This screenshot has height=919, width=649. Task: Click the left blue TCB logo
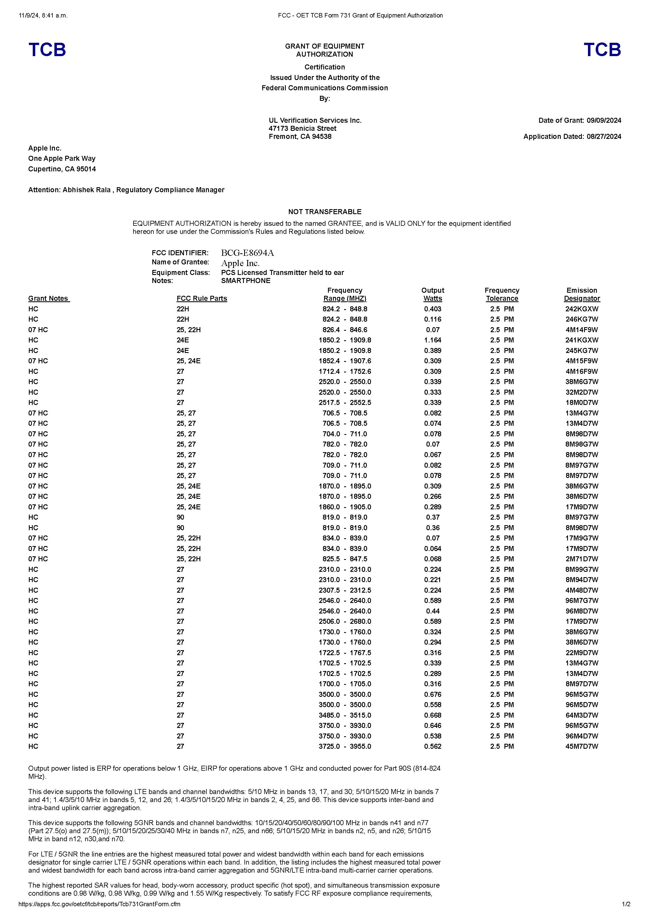click(47, 50)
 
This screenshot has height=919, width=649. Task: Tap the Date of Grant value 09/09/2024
click(604, 121)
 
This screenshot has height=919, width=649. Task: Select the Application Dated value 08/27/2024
click(604, 136)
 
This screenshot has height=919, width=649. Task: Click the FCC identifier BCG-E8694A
click(248, 253)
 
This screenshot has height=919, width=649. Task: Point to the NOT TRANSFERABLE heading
click(324, 212)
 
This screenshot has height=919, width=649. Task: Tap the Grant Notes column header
click(49, 299)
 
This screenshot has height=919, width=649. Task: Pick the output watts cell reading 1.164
click(432, 340)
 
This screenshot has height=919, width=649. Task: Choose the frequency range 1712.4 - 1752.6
click(345, 371)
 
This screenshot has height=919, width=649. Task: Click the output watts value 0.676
click(432, 694)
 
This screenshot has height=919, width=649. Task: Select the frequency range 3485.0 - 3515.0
click(345, 715)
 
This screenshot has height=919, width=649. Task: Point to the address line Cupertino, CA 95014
click(62, 169)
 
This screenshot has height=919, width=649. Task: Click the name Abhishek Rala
click(86, 190)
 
